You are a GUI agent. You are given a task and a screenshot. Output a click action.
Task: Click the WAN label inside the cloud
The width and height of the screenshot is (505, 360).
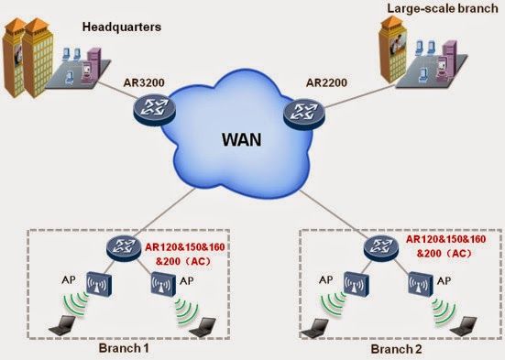tap(242, 140)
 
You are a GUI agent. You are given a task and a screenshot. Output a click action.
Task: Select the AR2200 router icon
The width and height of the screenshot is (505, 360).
tap(304, 114)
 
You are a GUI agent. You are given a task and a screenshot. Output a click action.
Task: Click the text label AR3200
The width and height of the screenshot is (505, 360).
tap(144, 82)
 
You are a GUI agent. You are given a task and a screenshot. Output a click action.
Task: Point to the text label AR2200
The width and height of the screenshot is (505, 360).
tap(326, 82)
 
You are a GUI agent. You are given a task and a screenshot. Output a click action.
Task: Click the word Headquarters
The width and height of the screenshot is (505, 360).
tap(122, 27)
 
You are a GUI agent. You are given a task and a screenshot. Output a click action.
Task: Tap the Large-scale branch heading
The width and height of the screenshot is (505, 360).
tap(443, 8)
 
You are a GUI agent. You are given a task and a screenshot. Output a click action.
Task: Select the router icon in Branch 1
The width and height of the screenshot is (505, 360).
tap(124, 248)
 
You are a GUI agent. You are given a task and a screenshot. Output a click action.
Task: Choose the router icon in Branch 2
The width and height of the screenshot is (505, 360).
tap(381, 247)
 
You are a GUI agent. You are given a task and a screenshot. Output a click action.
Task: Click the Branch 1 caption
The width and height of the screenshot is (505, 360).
tap(124, 348)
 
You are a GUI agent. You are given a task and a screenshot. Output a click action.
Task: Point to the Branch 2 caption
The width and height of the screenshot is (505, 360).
tap(396, 349)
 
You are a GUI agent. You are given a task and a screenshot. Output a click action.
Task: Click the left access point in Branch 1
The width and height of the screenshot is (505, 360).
tap(99, 284)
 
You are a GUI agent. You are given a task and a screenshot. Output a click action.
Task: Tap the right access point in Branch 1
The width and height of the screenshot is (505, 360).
tap(163, 284)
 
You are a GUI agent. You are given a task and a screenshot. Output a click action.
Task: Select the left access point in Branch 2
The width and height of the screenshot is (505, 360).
tap(357, 284)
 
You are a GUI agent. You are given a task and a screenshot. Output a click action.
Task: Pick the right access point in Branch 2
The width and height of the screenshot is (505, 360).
tap(421, 284)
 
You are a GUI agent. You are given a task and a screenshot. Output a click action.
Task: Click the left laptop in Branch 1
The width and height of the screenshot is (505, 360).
tap(62, 325)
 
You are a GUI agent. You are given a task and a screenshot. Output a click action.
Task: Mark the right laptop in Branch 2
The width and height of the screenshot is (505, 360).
tap(464, 327)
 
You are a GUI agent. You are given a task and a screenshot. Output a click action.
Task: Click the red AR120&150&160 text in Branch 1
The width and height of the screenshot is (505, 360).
tap(185, 247)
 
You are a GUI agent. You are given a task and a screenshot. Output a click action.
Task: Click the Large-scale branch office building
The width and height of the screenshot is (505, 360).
tap(393, 49)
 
